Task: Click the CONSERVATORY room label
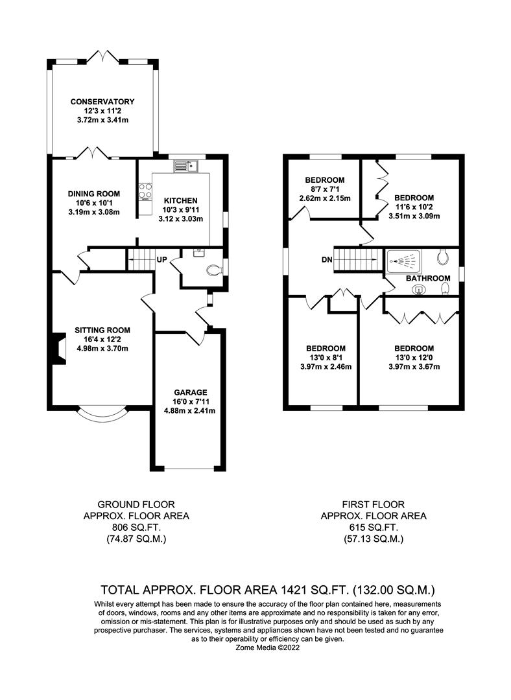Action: click(x=102, y=102)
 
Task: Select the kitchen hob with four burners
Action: click(x=145, y=192)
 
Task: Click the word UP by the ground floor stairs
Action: click(x=162, y=259)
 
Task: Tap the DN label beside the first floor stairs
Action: click(x=327, y=259)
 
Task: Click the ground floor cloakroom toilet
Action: click(x=212, y=270)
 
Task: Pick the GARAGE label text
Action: click(x=190, y=392)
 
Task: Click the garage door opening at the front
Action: click(x=190, y=469)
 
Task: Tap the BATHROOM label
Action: click(x=428, y=278)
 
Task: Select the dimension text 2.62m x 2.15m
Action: click(x=325, y=198)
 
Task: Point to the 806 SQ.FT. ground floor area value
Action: click(x=136, y=528)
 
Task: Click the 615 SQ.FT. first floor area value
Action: click(x=374, y=528)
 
